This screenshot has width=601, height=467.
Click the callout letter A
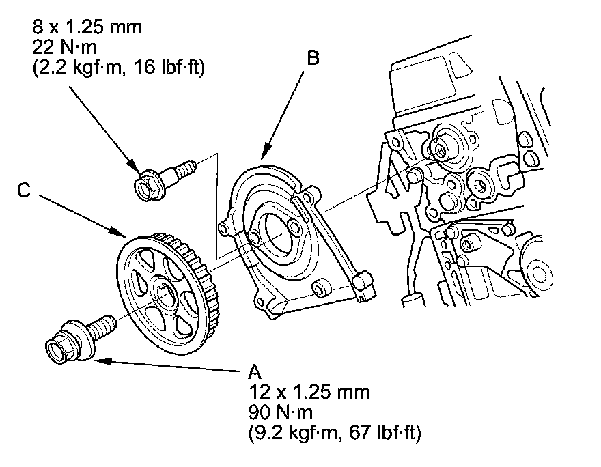click(x=255, y=371)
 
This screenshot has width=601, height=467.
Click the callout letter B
click(x=313, y=58)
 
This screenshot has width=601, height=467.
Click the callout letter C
click(x=24, y=190)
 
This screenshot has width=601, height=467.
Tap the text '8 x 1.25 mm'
click(x=87, y=27)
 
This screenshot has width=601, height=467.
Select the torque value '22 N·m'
click(x=64, y=48)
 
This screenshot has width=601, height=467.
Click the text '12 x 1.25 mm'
click(x=309, y=393)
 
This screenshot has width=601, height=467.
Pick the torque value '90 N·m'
click(x=281, y=412)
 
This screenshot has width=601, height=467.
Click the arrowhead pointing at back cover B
click(x=264, y=152)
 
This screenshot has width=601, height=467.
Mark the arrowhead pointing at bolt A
click(x=102, y=360)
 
